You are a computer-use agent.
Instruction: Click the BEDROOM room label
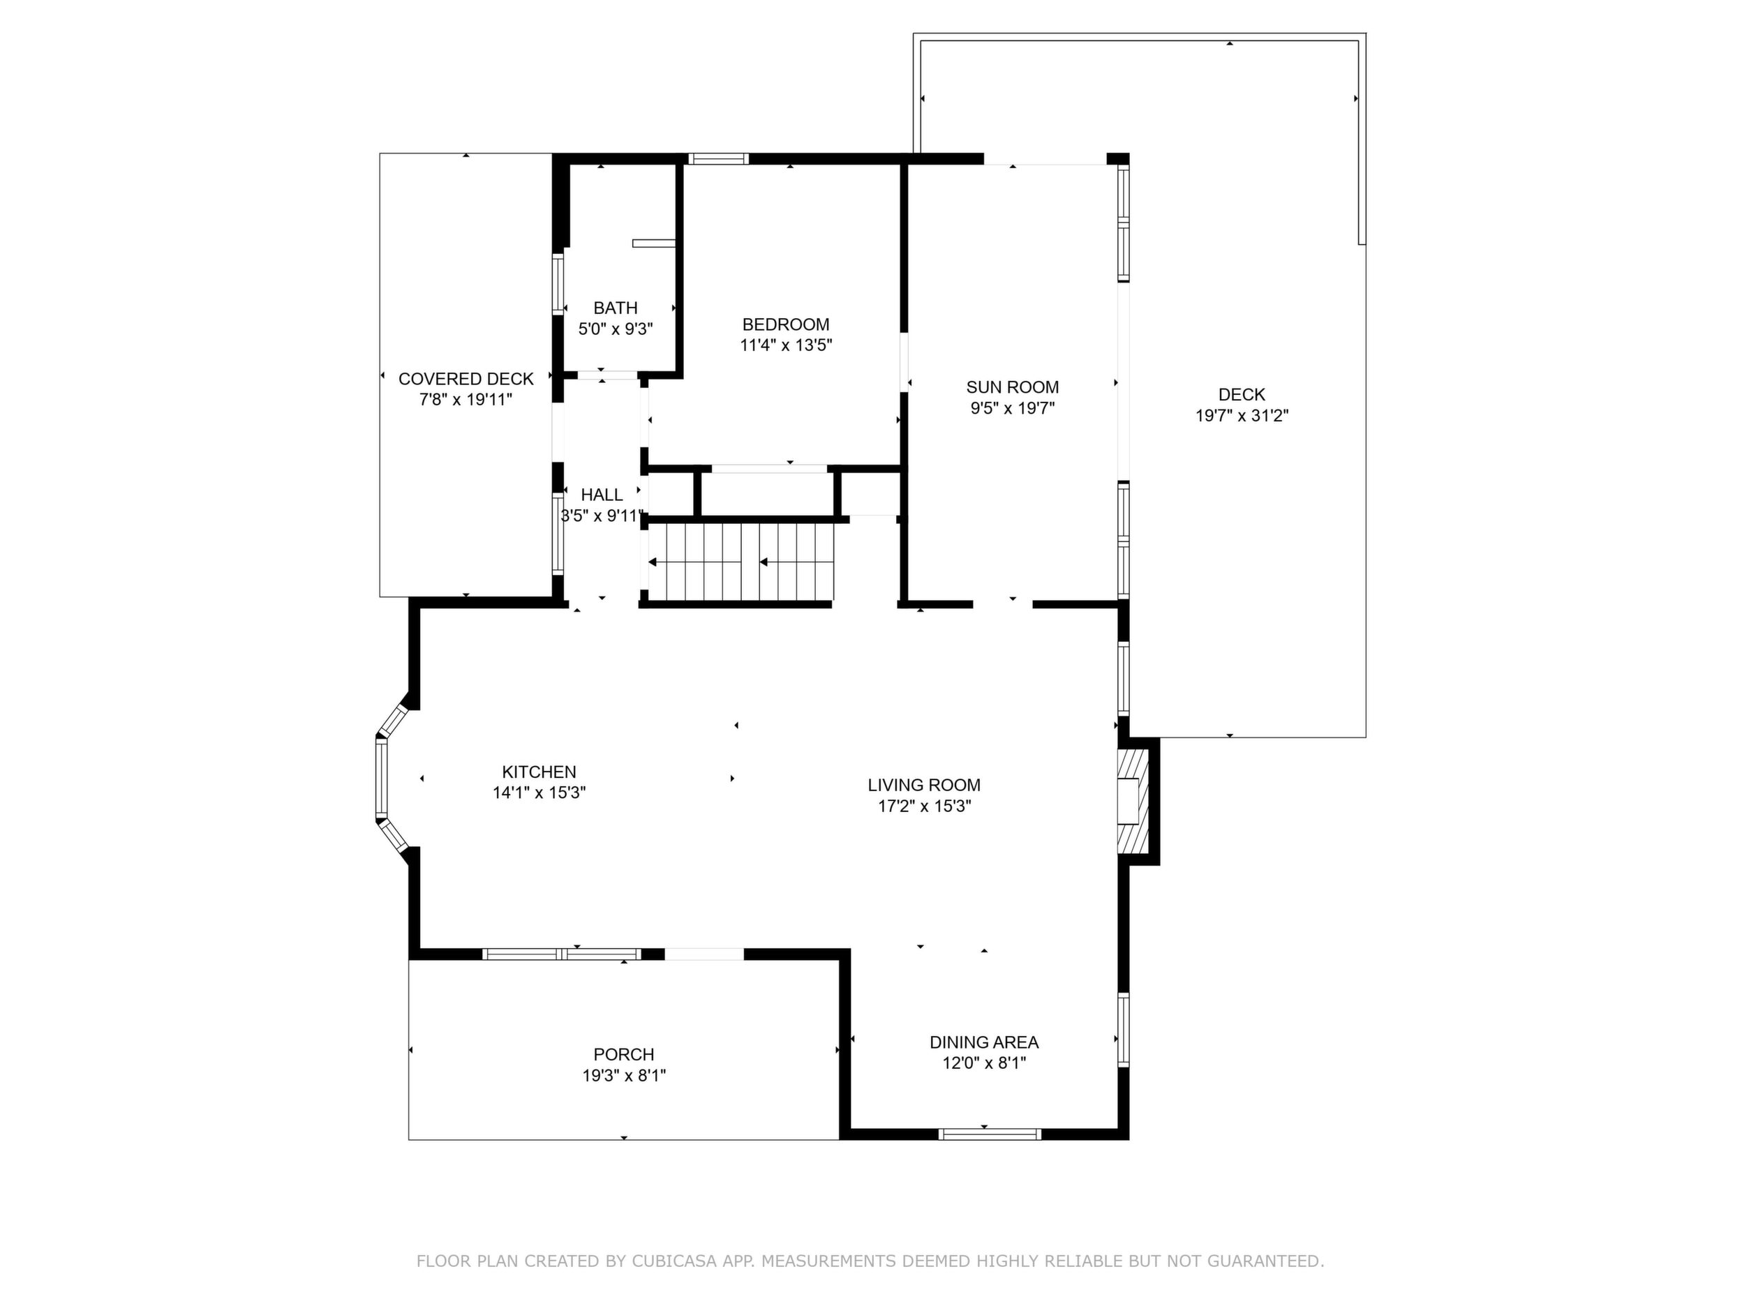pyautogui.click(x=785, y=324)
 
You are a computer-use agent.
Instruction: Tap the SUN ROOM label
pyautogui.click(x=1012, y=387)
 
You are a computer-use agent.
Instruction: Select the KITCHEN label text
pyautogui.click(x=539, y=772)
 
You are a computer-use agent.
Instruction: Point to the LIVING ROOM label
pyautogui.click(x=924, y=785)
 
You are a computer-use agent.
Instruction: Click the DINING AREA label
pyautogui.click(x=983, y=1042)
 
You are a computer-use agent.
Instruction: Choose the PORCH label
pyautogui.click(x=624, y=1054)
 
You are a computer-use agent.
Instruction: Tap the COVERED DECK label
pyautogui.click(x=466, y=379)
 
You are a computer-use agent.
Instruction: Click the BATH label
pyautogui.click(x=615, y=308)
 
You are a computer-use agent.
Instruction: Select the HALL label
pyautogui.click(x=602, y=495)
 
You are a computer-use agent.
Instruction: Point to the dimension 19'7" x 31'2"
pyautogui.click(x=1242, y=416)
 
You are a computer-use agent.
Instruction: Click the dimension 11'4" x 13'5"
pyautogui.click(x=785, y=345)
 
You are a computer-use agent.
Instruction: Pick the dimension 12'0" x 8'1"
pyautogui.click(x=983, y=1063)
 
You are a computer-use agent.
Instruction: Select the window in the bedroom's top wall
pyautogui.click(x=718, y=158)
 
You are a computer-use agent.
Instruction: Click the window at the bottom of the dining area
pyautogui.click(x=990, y=1134)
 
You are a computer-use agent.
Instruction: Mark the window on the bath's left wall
pyautogui.click(x=558, y=284)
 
